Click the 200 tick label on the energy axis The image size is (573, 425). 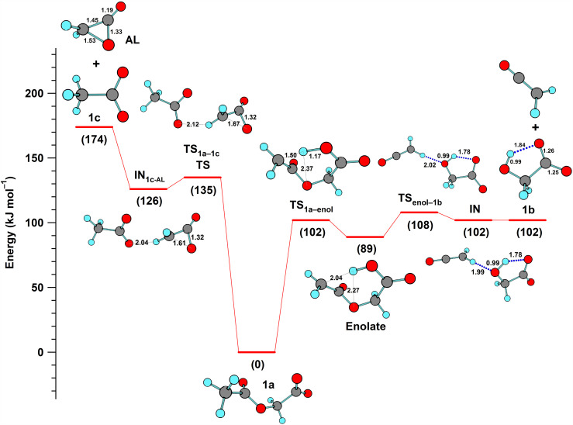[x=34, y=93]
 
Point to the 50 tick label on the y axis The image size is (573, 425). [x=36, y=287]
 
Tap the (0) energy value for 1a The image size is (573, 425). [x=256, y=364]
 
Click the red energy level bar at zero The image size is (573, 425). [x=256, y=351]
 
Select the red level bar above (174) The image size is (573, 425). [x=94, y=126]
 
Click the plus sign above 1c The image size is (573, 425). [x=95, y=64]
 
